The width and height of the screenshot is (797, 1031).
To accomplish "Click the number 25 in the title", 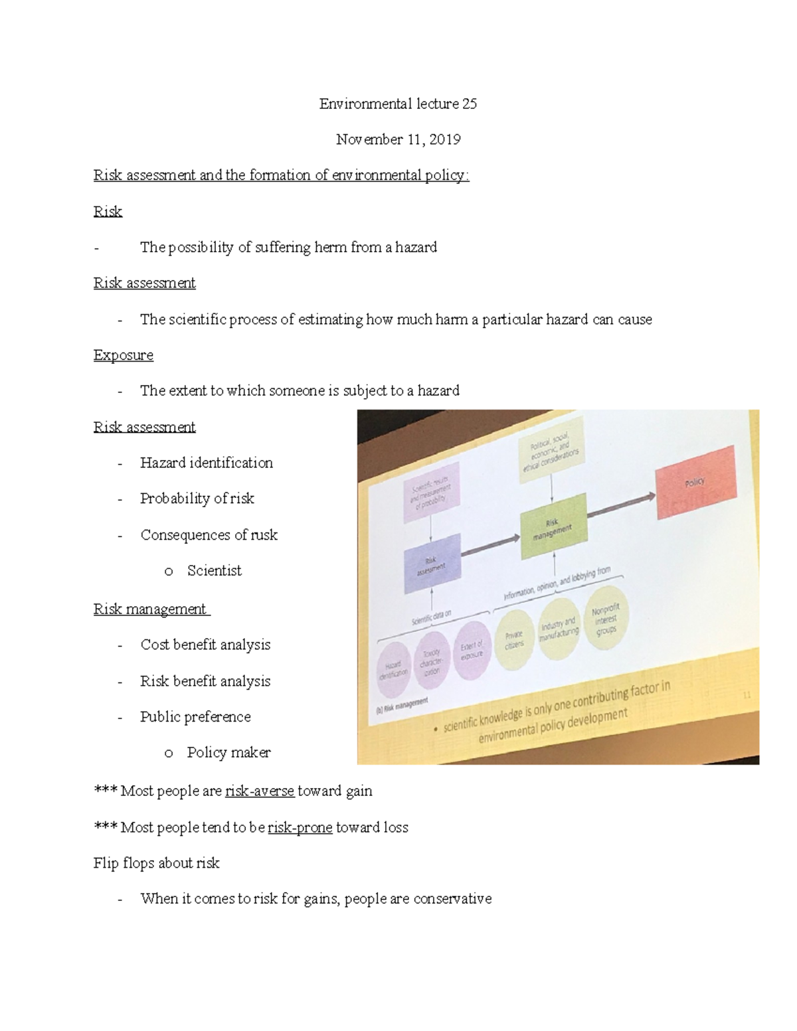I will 469,104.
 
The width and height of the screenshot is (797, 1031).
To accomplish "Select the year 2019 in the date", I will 444,139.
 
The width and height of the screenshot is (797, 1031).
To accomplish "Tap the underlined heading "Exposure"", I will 124,355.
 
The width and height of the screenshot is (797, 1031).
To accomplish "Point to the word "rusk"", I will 264,535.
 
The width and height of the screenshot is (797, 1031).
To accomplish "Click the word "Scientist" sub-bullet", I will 214,571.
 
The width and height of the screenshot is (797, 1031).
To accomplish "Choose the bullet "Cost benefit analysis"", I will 205,645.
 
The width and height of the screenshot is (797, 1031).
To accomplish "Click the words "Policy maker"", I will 228,753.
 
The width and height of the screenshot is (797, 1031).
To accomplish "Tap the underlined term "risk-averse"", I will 260,791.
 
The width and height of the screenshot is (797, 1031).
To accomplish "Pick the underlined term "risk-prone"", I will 300,828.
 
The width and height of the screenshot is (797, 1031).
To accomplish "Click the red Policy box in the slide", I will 695,482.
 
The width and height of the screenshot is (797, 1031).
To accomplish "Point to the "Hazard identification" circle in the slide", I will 393,669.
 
